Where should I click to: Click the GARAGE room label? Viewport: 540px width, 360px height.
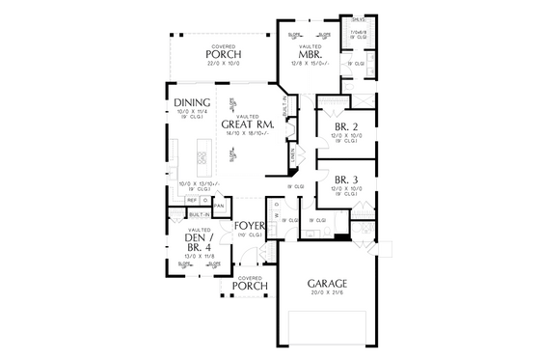tap(328, 283)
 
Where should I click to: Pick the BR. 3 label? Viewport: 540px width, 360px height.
tap(347, 179)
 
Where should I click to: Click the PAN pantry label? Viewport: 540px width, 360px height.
tap(219, 206)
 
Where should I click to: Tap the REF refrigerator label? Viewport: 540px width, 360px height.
tap(192, 200)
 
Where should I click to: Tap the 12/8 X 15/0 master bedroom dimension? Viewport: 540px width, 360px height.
tap(310, 65)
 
